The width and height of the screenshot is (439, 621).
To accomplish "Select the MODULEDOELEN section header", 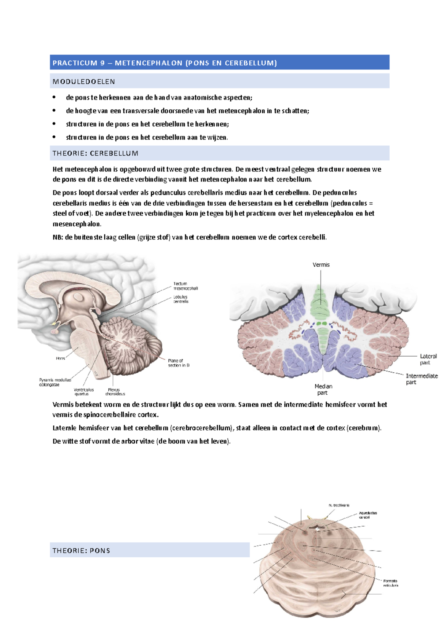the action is pos(84,82).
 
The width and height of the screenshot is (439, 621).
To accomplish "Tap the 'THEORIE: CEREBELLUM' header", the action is pos(95,153).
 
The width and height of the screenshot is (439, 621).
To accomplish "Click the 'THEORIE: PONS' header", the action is pos(81,550).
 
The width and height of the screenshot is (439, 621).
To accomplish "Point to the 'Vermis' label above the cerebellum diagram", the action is pos(321,265).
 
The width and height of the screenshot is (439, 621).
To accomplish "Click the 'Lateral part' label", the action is pos(428,359).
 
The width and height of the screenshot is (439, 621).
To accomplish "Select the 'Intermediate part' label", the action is pos(421,379).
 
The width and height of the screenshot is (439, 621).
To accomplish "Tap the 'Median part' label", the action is pos(323,389).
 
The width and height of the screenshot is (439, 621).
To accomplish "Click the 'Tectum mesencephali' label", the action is pos(185,286).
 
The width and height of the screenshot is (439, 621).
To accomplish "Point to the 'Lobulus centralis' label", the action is pos(181,299).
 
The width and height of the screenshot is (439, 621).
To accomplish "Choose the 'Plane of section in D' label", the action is pos(179,363).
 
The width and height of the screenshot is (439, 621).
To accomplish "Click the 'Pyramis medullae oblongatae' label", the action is pos(55,382).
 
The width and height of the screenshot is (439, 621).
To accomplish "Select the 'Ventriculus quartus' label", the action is pos(83,392).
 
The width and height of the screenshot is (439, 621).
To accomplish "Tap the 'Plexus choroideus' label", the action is pos(115,392).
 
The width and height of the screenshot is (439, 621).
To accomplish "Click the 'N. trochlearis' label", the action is pos(339,505).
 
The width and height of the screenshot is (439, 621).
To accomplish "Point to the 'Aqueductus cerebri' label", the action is pos(367,515).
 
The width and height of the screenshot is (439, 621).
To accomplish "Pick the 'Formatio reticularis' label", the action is pos(390,583).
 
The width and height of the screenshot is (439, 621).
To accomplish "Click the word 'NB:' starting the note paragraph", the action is pos(58,237).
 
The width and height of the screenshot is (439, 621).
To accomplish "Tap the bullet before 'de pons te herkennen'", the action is pos(54,97).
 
